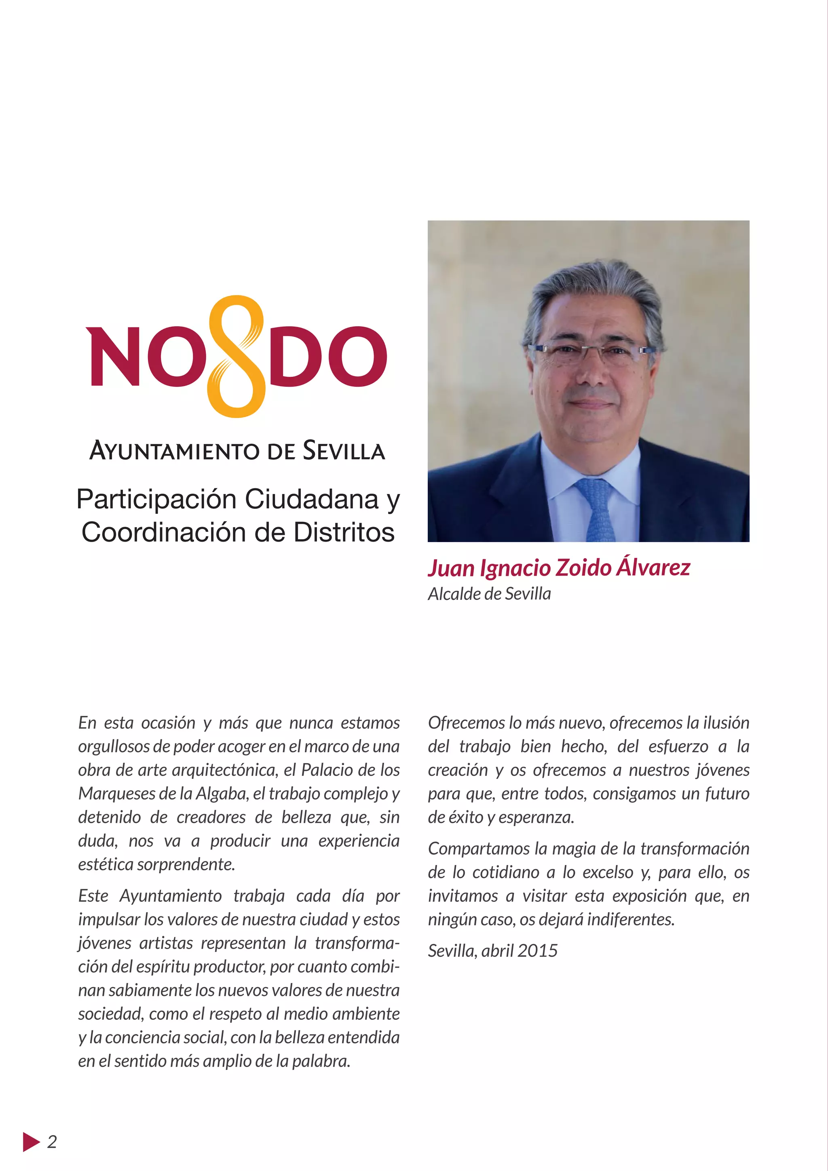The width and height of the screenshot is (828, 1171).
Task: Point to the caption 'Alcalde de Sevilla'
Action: pos(489,594)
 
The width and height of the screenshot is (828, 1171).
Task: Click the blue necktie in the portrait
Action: pos(596,510)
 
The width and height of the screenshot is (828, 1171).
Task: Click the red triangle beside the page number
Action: pos(31,1141)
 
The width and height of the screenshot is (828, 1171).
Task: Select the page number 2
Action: pos(52,1141)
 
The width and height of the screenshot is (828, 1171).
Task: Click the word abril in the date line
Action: pos(497,951)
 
